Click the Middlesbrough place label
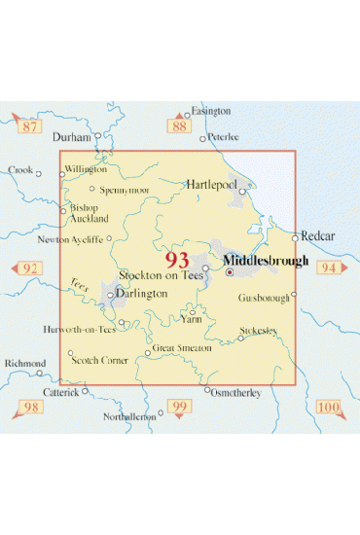point(266,261)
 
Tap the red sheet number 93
point(178,260)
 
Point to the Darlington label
point(140,293)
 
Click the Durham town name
point(70,137)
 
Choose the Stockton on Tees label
point(161,276)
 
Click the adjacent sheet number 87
point(30,126)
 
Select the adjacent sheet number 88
point(177,125)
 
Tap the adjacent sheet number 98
point(31,406)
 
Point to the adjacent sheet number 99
point(178,406)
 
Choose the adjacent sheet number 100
point(329,406)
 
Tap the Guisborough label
point(263,299)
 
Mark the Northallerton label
point(128,415)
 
